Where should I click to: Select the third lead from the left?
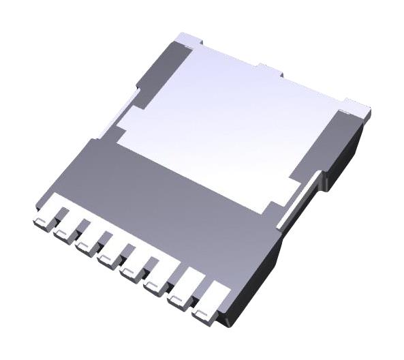[86, 240]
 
